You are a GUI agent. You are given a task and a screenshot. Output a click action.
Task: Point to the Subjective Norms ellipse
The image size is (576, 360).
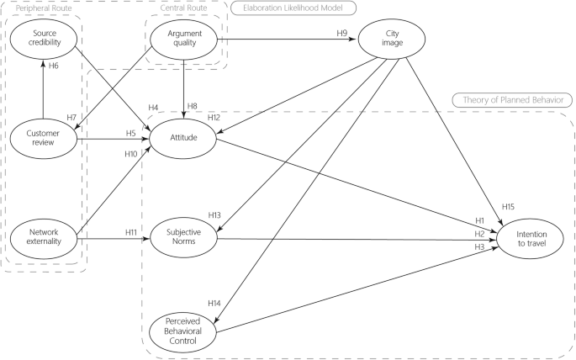[x=183, y=238]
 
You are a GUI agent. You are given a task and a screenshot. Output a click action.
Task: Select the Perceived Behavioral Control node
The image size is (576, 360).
[x=183, y=331]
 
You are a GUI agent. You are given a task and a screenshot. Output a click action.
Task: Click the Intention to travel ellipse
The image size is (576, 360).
[x=531, y=238]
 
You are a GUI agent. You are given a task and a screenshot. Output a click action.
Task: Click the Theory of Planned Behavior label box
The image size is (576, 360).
[x=512, y=99]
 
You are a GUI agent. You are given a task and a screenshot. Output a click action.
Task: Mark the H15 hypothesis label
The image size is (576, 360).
[x=509, y=207]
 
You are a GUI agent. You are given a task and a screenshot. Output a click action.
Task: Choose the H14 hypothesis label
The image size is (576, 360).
[x=214, y=302]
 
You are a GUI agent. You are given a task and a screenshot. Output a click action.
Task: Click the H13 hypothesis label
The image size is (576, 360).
[x=214, y=216]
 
